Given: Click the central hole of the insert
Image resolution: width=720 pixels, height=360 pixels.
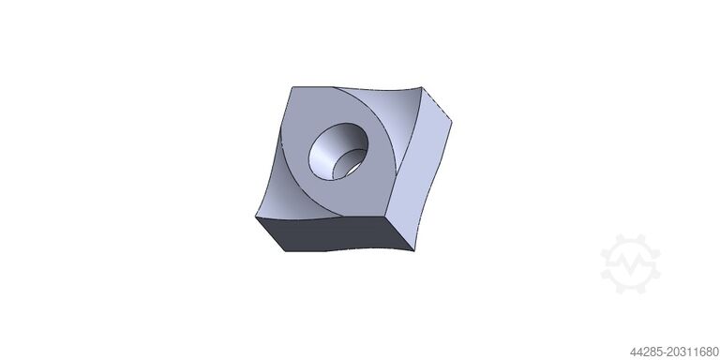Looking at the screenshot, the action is tap(338, 151).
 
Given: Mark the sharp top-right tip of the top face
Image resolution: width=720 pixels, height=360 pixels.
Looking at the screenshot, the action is tap(421, 87).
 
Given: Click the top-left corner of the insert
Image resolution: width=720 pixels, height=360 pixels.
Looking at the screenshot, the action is tap(292, 87).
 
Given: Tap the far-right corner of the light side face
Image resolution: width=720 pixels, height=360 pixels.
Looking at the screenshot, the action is tap(452, 122).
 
